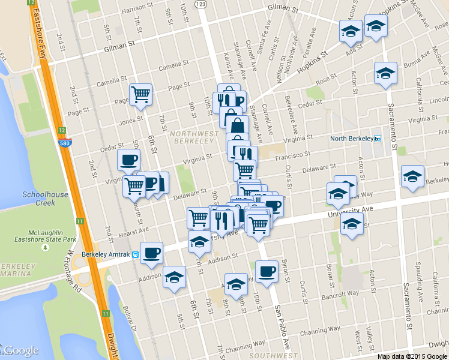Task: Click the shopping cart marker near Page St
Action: click(140, 94)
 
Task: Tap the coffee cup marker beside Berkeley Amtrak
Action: click(151, 252)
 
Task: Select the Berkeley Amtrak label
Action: click(106, 255)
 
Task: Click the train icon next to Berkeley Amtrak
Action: click(136, 255)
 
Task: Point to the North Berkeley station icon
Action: click(378, 139)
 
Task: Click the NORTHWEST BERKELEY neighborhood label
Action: click(193, 137)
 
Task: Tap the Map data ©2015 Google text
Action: click(412, 356)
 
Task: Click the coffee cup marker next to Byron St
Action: click(266, 271)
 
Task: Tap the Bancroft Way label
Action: click(343, 293)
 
